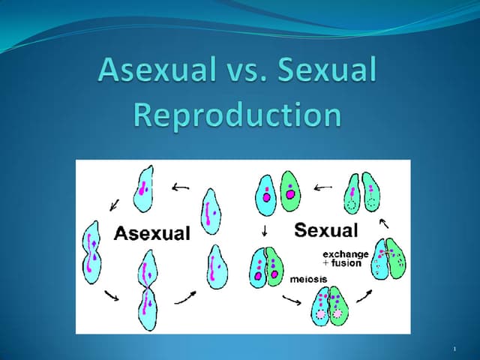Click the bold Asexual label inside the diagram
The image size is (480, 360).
tap(152, 233)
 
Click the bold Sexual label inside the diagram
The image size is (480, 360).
tap(326, 229)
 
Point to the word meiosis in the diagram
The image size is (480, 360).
tap(308, 279)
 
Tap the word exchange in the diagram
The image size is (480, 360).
tap(346, 253)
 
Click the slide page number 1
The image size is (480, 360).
tap(454, 349)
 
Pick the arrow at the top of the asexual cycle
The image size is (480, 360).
tap(180, 187)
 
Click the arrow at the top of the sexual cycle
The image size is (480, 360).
tap(323, 187)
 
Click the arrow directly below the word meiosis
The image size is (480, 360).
tap(291, 301)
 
